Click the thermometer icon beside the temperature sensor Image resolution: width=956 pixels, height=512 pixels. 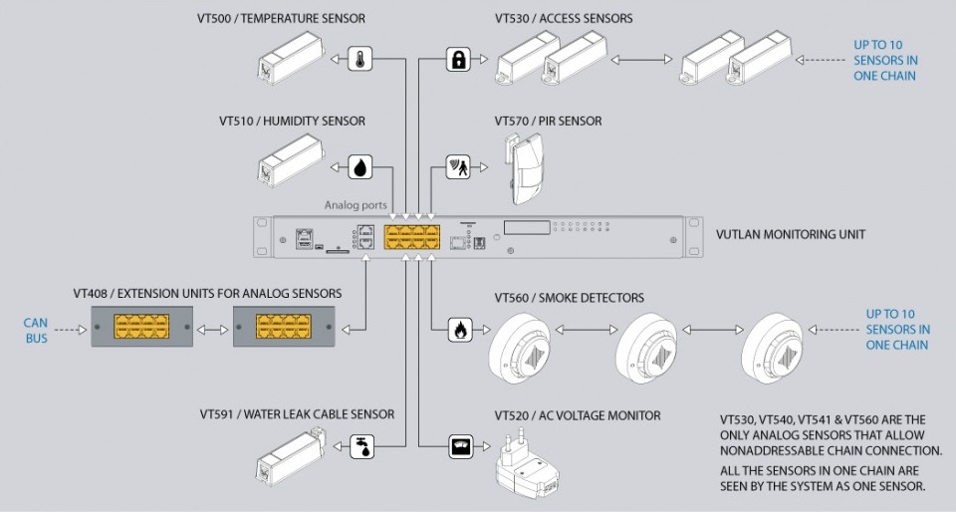(359, 59)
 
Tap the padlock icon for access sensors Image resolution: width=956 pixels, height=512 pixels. (457, 59)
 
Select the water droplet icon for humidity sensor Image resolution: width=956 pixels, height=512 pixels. (359, 166)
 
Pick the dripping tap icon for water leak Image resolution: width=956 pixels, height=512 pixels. (361, 446)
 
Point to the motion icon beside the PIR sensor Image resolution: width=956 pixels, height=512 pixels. (457, 166)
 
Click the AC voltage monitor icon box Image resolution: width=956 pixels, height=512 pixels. (459, 446)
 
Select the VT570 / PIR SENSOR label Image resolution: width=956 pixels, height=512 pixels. (548, 122)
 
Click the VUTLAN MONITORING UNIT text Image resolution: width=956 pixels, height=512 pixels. (791, 235)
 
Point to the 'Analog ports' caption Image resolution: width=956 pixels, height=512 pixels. (356, 205)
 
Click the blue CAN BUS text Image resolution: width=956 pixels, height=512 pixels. (36, 331)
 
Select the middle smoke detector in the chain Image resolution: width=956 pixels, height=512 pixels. (645, 348)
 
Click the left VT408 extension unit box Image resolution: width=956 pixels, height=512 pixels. (139, 327)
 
